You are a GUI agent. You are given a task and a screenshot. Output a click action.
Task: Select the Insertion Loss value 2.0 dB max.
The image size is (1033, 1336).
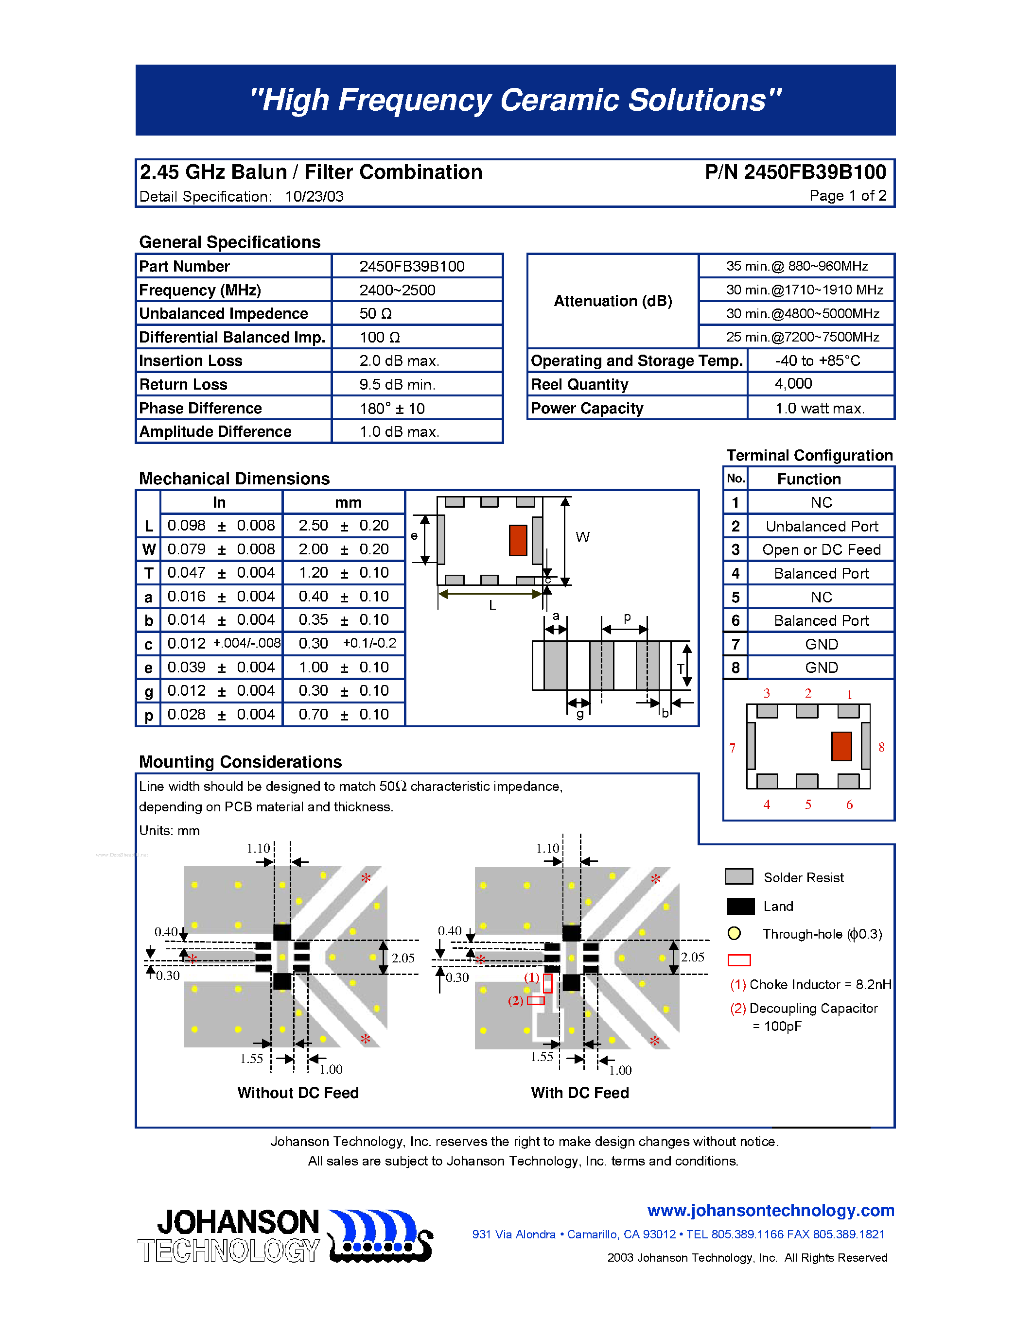point(399,361)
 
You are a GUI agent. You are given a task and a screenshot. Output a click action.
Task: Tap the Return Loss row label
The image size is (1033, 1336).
point(183,385)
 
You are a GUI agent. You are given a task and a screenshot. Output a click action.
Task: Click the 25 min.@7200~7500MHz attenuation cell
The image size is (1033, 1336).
point(802,337)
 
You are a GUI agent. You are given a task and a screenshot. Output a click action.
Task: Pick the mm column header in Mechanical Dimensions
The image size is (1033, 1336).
point(348,502)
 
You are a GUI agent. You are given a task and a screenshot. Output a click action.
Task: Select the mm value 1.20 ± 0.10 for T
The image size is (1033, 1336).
point(343,573)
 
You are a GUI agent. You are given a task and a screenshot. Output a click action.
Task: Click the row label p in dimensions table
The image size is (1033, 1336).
point(148,715)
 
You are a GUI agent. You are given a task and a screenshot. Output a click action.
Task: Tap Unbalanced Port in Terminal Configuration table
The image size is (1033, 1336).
point(821,526)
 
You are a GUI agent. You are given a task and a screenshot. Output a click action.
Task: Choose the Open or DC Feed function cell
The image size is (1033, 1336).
point(821,550)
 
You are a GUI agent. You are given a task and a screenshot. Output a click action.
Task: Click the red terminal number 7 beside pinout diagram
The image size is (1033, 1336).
point(732,748)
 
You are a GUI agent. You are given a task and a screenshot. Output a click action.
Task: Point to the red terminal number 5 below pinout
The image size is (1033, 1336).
point(808,805)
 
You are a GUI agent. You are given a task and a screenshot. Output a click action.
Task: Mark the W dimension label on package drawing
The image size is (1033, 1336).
point(582,537)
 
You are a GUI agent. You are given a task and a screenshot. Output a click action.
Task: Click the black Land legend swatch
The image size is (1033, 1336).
point(740,906)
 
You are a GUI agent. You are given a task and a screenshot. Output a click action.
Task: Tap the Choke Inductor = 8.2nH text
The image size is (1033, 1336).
point(820,984)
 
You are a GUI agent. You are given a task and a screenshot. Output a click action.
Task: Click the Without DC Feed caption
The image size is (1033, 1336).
point(298,1093)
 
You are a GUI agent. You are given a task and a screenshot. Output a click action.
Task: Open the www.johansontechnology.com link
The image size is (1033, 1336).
point(770,1211)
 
